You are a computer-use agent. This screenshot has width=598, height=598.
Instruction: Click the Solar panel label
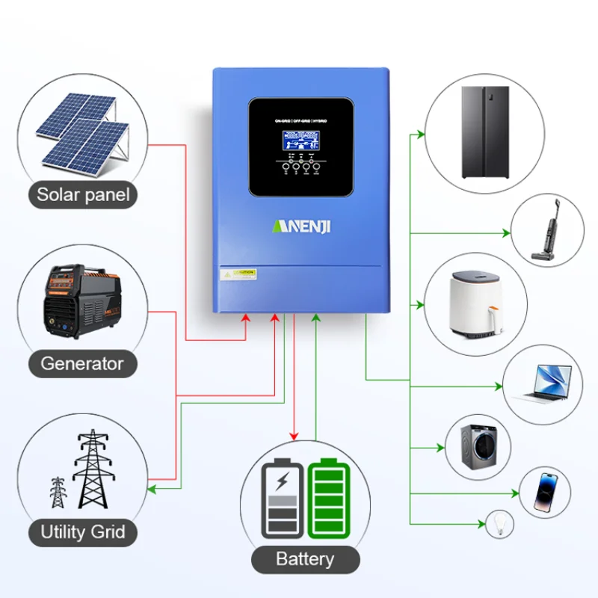[83, 196]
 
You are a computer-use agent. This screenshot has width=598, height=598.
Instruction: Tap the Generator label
[82, 364]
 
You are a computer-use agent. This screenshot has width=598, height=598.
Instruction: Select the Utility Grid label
[82, 533]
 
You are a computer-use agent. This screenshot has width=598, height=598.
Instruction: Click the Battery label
[305, 558]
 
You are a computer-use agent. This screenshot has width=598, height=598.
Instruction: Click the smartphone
[546, 492]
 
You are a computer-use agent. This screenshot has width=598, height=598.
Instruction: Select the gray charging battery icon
[283, 499]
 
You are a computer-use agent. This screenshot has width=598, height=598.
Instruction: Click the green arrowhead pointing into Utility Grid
[149, 490]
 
